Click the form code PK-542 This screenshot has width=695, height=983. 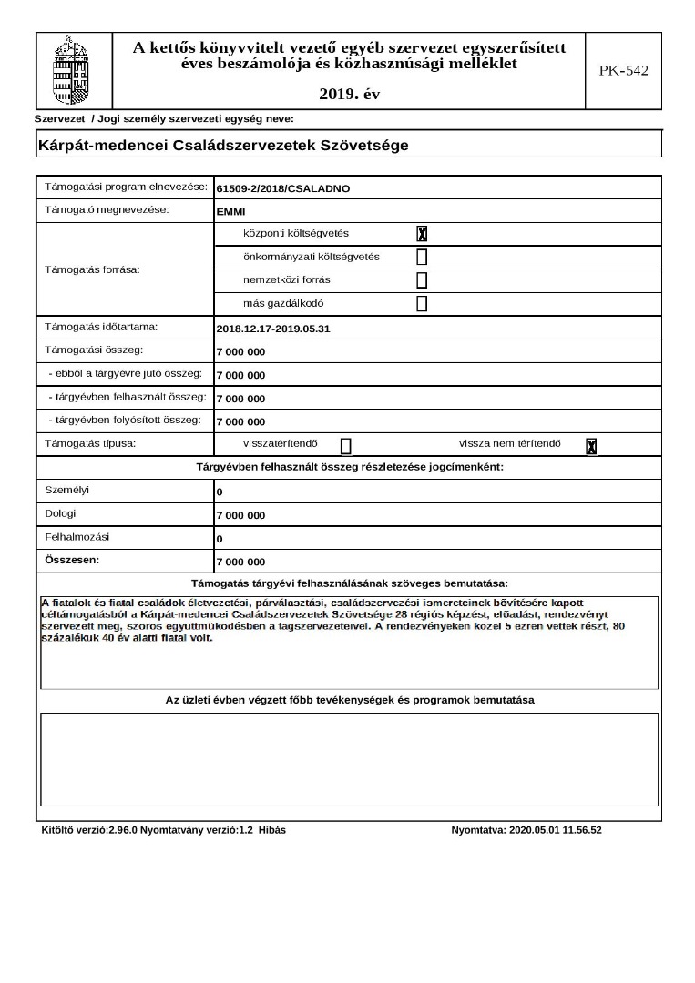point(624,70)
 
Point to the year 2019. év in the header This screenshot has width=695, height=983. point(350,94)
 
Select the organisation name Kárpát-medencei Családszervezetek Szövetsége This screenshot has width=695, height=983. point(223,145)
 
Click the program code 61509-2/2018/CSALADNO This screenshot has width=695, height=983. point(283,189)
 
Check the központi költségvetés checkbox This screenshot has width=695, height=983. point(422,234)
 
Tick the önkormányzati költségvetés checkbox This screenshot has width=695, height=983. point(422,257)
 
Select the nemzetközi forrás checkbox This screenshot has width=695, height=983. point(422,280)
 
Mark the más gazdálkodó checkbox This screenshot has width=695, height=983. point(422,304)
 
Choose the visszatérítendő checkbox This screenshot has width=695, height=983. point(346,445)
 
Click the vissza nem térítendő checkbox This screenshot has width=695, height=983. point(591,446)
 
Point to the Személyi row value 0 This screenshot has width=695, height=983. point(220,492)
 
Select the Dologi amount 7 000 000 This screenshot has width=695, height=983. point(240,516)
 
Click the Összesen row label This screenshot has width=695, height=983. point(72,560)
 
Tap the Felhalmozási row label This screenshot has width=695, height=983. point(76,537)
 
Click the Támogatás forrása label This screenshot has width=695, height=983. point(92,269)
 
